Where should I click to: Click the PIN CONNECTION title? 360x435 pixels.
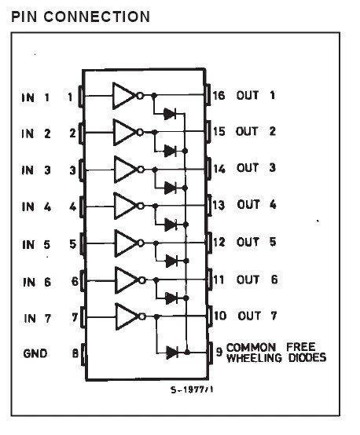[x=80, y=16]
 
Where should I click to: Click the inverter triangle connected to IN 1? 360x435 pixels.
[x=123, y=96]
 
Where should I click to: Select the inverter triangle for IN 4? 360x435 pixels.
[x=125, y=207]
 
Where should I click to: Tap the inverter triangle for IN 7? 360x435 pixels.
[x=127, y=316]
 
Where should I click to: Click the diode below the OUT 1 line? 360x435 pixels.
[x=170, y=114]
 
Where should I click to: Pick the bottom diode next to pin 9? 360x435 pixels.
[x=172, y=353]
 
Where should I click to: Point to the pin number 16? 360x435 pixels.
[x=219, y=96]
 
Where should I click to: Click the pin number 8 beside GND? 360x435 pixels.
[x=75, y=353]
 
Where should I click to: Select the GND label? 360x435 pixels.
[x=35, y=353]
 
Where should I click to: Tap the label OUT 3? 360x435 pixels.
[x=255, y=167]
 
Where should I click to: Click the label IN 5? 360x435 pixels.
[x=36, y=245]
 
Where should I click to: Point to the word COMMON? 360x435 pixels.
[x=251, y=347]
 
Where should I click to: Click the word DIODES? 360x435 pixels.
[x=307, y=357]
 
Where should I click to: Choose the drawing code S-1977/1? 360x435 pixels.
[x=192, y=389]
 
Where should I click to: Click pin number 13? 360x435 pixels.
[x=219, y=205]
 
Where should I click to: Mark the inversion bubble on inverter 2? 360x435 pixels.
[x=140, y=132]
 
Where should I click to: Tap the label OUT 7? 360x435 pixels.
[x=257, y=316]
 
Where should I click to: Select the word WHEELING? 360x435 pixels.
[x=254, y=357]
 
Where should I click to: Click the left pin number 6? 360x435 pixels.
[x=75, y=281]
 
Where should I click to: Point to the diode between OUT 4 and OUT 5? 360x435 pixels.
[x=171, y=224]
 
